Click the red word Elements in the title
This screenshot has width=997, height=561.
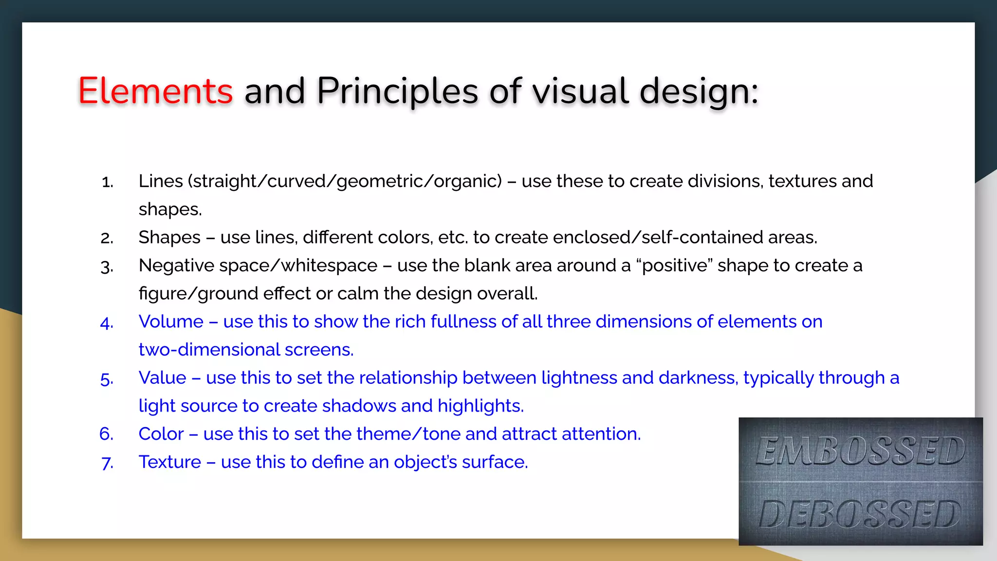tap(155, 91)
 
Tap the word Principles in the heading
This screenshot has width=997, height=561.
tap(397, 91)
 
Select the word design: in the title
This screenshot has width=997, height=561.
tap(699, 91)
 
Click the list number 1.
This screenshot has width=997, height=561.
tap(107, 182)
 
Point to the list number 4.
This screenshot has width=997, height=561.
tap(107, 323)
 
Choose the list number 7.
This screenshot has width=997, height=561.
tap(107, 463)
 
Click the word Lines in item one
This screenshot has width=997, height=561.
tap(161, 181)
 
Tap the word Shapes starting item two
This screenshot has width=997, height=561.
tap(169, 238)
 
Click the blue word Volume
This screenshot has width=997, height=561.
tap(171, 321)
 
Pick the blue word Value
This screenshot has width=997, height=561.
tap(162, 378)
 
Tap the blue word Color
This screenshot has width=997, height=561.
tap(161, 434)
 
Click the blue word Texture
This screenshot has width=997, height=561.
tap(169, 462)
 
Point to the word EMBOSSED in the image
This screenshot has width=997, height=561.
tap(860, 450)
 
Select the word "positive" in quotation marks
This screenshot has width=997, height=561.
tap(674, 266)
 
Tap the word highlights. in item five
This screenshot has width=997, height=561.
tap(480, 406)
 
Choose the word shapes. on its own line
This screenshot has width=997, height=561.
tap(170, 209)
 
